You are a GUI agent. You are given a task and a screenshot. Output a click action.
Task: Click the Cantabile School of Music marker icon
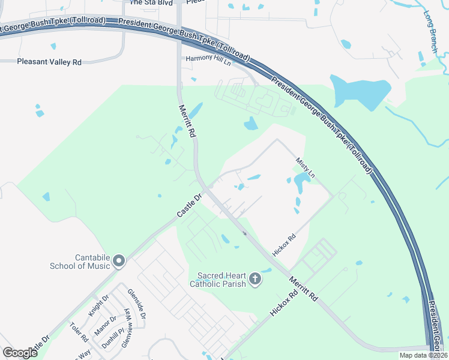(119, 260)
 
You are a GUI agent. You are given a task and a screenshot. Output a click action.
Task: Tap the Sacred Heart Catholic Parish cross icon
(255, 278)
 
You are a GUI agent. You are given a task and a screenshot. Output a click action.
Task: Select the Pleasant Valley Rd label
(49, 62)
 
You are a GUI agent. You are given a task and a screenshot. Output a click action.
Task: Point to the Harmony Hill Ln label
(208, 59)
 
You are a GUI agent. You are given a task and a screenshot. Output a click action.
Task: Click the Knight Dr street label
(99, 306)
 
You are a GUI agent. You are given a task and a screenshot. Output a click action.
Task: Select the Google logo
(20, 352)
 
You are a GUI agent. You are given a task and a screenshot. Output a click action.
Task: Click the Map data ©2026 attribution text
(423, 355)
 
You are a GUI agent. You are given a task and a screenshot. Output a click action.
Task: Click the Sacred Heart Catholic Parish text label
(221, 279)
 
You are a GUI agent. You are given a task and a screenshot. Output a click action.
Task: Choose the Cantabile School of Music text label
(84, 262)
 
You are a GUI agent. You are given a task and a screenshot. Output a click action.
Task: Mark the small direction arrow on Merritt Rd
(245, 233)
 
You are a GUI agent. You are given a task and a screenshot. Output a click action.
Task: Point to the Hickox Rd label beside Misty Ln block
(285, 245)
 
